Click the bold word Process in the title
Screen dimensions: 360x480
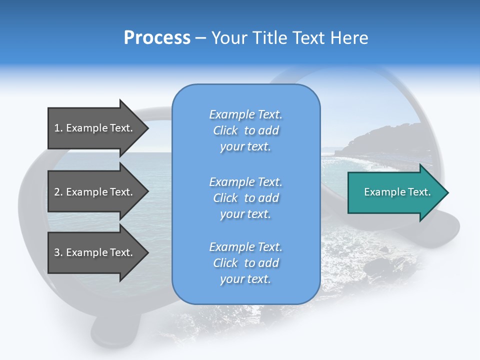click(157, 38)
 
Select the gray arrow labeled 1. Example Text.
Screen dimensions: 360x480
click(92, 128)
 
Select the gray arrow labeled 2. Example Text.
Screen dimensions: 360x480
click(92, 192)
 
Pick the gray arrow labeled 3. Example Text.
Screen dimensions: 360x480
click(92, 252)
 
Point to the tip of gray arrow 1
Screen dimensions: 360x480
click(147, 128)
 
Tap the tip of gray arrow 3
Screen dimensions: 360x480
click(147, 252)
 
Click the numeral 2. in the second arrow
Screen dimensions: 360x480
click(58, 192)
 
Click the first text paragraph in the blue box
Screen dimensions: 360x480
click(245, 130)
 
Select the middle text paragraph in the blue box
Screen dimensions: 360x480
click(245, 198)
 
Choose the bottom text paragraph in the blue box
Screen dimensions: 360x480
click(245, 263)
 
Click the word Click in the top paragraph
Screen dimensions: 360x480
click(225, 130)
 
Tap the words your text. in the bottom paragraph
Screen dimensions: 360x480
click(245, 279)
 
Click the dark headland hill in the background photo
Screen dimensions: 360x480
click(380, 142)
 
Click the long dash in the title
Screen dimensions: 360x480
click(200, 38)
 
